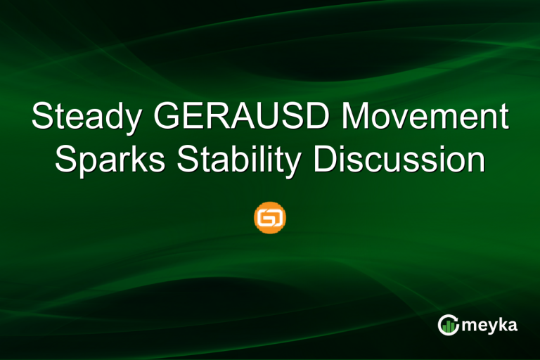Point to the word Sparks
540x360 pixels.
point(110,160)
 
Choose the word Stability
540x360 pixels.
point(238,160)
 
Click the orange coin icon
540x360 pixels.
point(270,219)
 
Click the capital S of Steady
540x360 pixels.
point(41,118)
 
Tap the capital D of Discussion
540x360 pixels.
point(324,160)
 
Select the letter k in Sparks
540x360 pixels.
point(143,160)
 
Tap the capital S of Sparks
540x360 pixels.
point(65,160)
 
